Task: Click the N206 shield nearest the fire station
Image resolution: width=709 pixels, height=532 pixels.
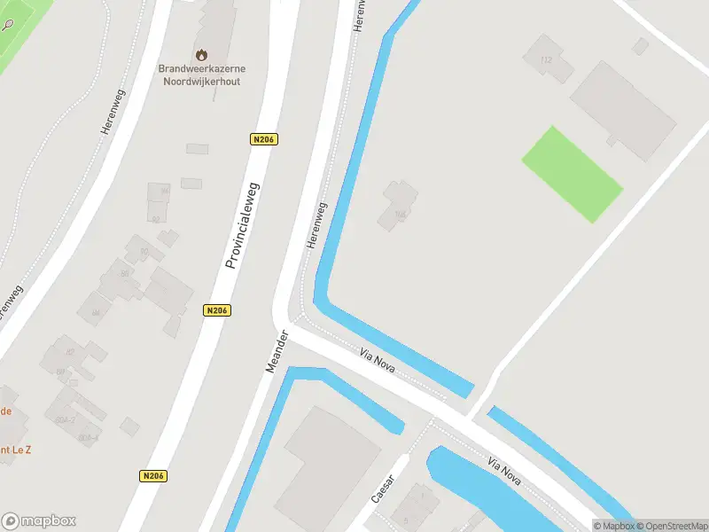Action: click(264, 139)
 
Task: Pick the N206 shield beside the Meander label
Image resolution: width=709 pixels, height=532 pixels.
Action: click(217, 310)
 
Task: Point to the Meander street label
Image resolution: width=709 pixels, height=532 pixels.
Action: click(278, 351)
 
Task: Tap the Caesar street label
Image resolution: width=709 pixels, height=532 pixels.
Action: click(383, 482)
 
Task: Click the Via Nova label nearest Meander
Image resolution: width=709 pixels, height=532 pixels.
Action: click(378, 360)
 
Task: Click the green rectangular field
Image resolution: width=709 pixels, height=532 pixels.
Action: click(572, 174)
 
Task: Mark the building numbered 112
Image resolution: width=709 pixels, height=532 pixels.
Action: click(544, 60)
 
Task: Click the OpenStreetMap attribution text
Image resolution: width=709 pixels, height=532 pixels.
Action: click(669, 526)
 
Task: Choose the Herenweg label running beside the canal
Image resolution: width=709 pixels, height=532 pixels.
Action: click(316, 225)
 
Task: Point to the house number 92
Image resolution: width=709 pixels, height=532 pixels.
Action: click(156, 218)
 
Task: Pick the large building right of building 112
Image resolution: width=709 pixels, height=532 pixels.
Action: click(622, 110)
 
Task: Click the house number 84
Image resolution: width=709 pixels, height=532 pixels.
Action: click(95, 313)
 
